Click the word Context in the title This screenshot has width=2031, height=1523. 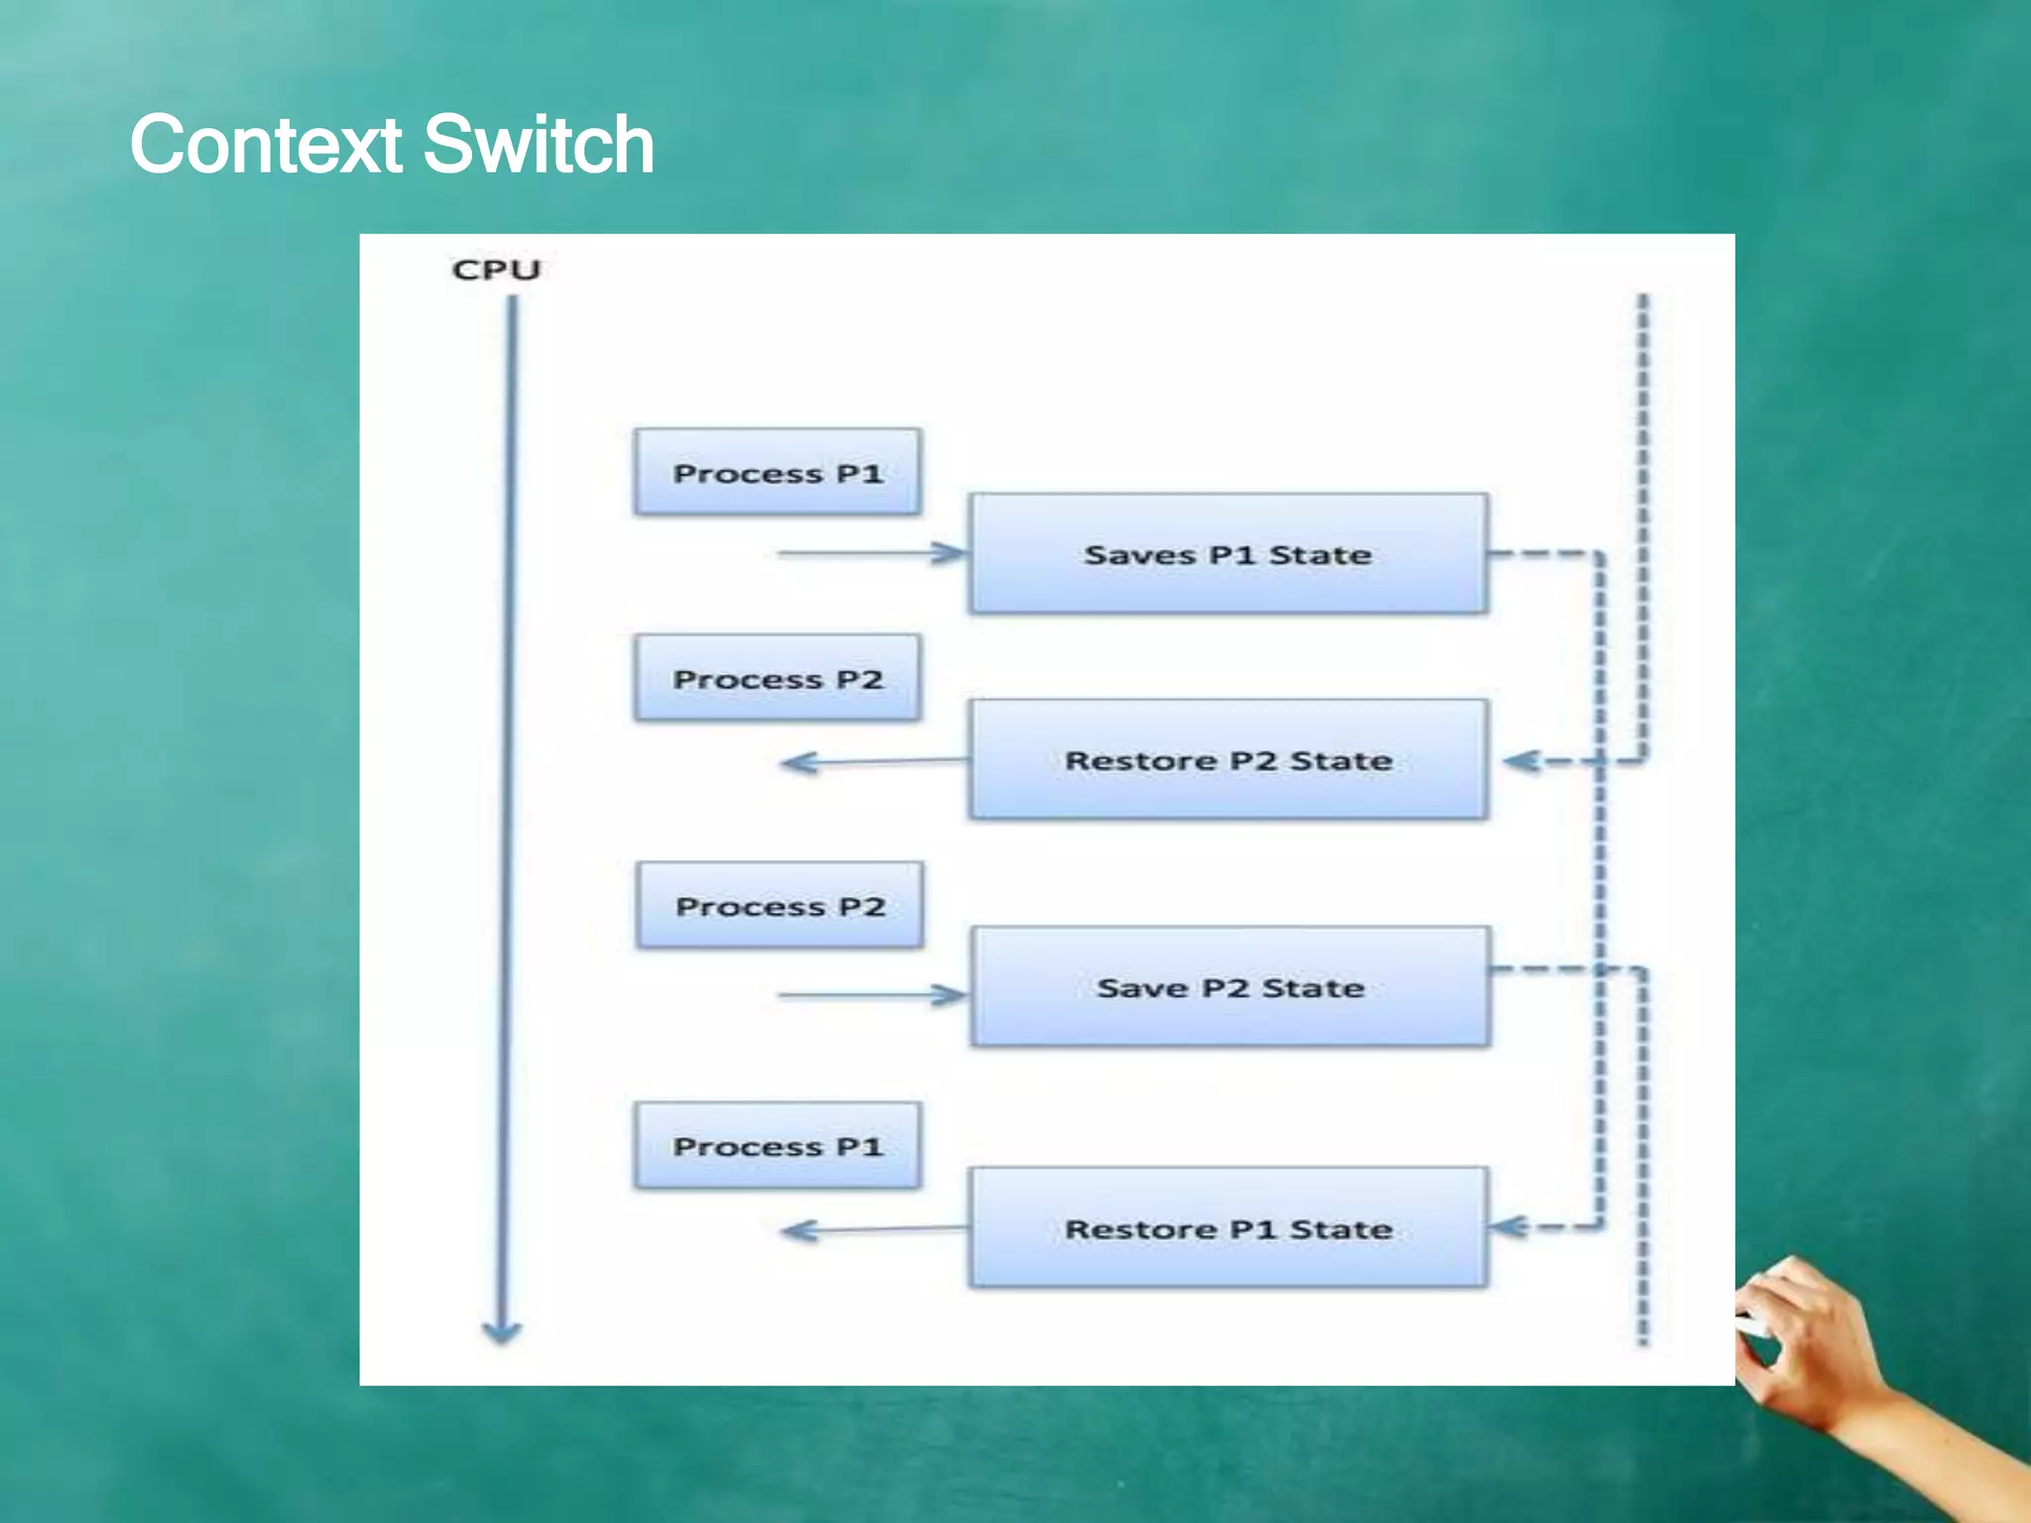266,146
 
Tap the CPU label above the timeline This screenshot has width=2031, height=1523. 496,270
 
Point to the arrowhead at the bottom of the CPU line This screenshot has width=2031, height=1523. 502,1332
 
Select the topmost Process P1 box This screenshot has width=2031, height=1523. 777,472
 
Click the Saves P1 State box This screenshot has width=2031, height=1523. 1228,553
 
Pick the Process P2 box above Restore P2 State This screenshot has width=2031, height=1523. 777,678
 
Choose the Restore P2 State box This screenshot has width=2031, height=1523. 1228,760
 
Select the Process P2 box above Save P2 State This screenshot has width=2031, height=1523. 779,905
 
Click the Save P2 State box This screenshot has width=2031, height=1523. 1230,987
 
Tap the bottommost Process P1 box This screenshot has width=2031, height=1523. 777,1145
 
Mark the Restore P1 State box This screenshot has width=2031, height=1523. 1228,1228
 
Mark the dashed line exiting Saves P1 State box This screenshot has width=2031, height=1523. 1542,554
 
